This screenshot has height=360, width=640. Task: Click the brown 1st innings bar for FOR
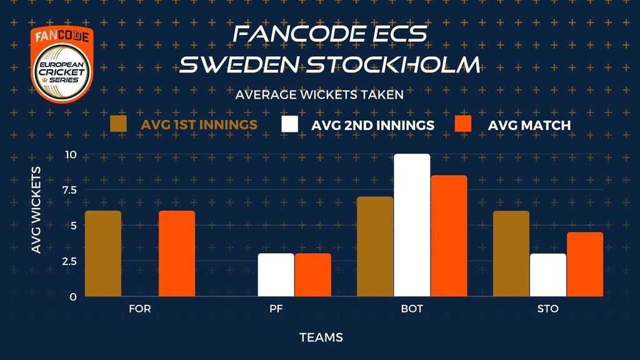click(103, 254)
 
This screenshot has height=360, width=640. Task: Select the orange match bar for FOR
click(177, 254)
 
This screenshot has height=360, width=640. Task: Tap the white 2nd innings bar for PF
click(276, 275)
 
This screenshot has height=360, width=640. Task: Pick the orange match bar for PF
click(313, 275)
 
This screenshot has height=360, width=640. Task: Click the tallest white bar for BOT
click(412, 225)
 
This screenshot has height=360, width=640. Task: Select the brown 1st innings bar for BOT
click(375, 246)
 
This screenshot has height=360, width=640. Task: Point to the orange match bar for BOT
click(449, 236)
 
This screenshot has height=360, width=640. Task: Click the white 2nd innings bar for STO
click(548, 275)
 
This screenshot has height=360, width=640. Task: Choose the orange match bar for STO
click(585, 264)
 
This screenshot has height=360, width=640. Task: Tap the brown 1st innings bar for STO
click(511, 254)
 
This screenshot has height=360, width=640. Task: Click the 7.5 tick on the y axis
click(70, 190)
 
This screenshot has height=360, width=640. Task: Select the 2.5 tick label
click(69, 261)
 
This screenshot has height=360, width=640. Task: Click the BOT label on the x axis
click(412, 309)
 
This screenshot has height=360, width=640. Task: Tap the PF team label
click(276, 309)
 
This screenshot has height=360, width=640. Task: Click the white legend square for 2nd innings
click(289, 124)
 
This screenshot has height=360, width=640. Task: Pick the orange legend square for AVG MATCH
click(463, 124)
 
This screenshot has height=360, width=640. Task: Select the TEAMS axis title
click(321, 337)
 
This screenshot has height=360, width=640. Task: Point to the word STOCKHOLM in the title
click(393, 64)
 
